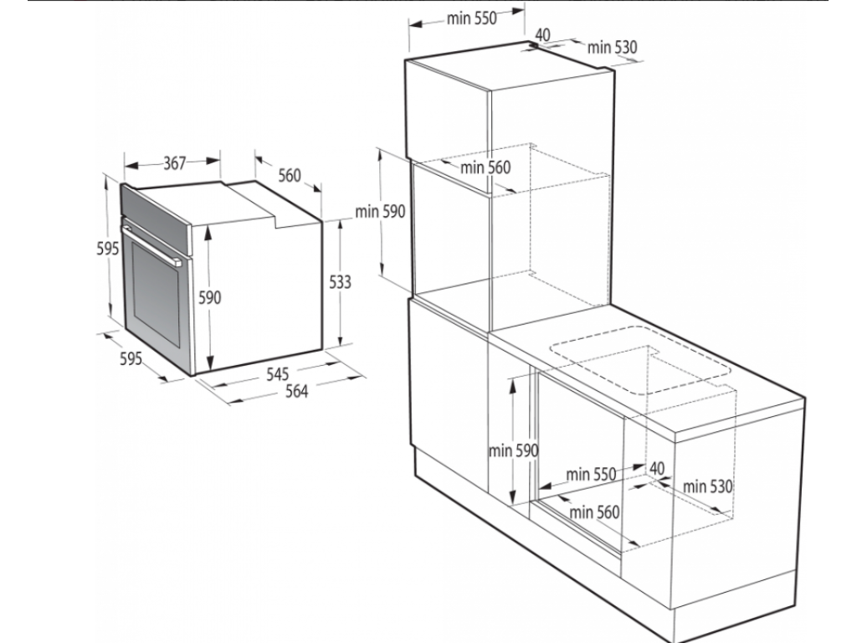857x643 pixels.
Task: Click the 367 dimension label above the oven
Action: click(x=173, y=163)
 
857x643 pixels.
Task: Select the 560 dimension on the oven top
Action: click(x=289, y=176)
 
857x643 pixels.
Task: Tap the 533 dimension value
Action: click(x=339, y=282)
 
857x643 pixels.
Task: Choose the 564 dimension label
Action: click(x=295, y=391)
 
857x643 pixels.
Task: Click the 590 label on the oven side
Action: click(x=209, y=298)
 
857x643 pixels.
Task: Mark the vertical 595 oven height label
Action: click(x=105, y=249)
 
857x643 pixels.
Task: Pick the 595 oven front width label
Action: click(x=131, y=359)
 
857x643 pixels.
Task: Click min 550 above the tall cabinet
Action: click(x=471, y=19)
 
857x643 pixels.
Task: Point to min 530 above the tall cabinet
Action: click(x=612, y=48)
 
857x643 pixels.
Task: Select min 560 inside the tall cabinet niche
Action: click(x=485, y=167)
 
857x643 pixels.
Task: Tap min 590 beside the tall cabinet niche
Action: click(x=380, y=212)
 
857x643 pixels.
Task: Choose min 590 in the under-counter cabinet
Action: click(x=513, y=450)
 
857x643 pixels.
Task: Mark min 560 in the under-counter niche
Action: click(x=594, y=512)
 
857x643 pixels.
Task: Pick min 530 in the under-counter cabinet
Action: click(x=707, y=486)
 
